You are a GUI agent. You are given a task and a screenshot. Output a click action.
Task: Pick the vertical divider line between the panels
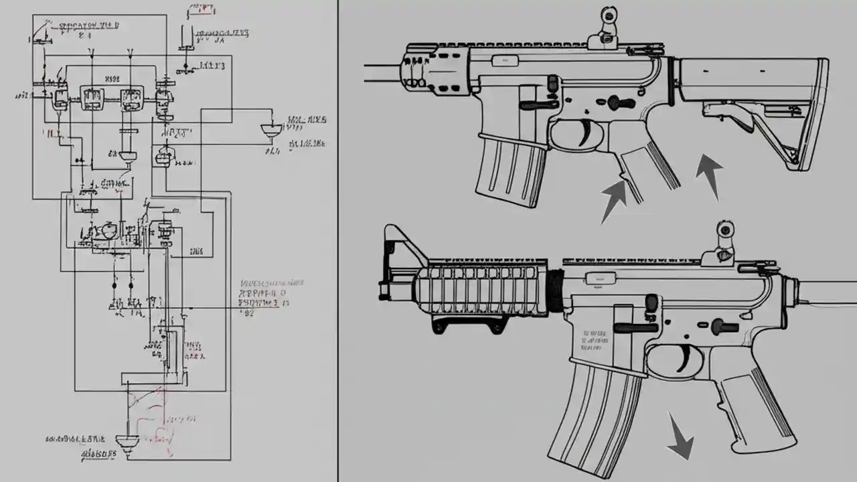coord(337,241)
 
